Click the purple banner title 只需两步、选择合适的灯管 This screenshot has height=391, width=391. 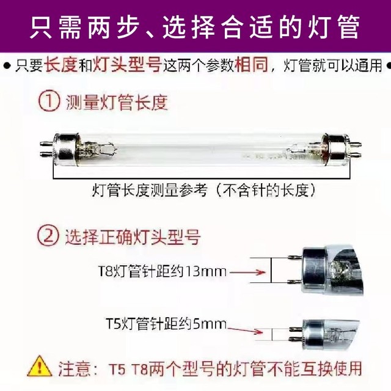(195, 26)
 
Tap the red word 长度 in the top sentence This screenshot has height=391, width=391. (60, 65)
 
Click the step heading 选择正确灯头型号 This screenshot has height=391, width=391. (132, 236)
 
